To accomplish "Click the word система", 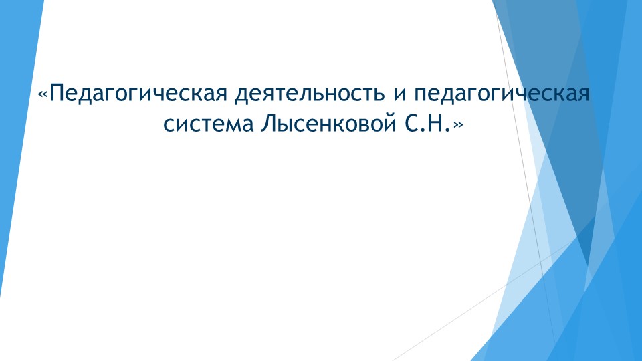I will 206,124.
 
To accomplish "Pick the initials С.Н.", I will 427,124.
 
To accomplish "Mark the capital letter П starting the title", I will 56,92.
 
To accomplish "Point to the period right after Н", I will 448,129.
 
